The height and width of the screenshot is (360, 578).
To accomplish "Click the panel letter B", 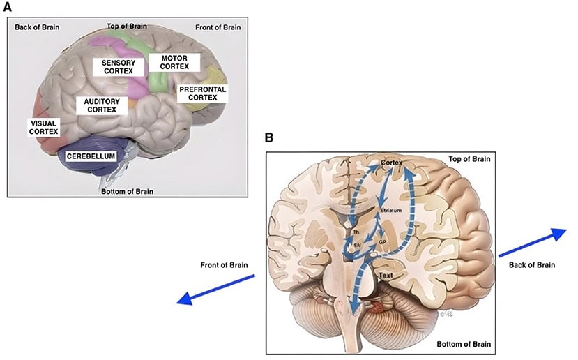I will coord(268,138).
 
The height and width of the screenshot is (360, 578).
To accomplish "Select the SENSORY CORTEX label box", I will coord(119,66).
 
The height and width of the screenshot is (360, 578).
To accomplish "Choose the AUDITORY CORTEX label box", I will coord(102,105).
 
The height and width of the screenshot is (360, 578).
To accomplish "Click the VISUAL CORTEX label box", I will coord(43,126).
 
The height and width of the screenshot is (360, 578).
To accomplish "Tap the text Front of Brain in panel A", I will coord(217,27).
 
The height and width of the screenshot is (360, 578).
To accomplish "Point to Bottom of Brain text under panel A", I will coord(127,191).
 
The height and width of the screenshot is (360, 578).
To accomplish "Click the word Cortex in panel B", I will coord(392,162).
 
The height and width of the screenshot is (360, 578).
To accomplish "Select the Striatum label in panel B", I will coord(391,209).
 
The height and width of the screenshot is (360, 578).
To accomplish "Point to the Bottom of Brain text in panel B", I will coord(463,345).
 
